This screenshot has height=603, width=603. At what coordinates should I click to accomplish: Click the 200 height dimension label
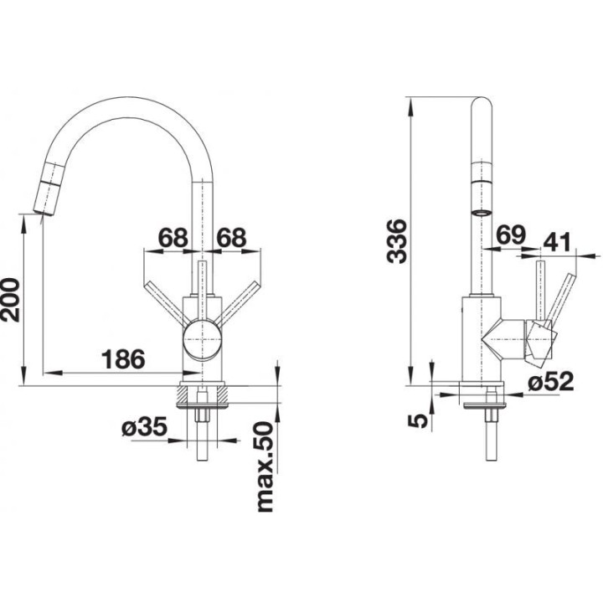pyautogui.click(x=11, y=299)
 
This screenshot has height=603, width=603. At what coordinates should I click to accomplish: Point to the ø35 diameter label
pyautogui.click(x=145, y=428)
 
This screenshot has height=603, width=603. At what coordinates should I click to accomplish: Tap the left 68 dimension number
pyautogui.click(x=172, y=237)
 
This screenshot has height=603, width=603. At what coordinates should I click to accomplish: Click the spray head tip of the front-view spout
pyautogui.click(x=40, y=204)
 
